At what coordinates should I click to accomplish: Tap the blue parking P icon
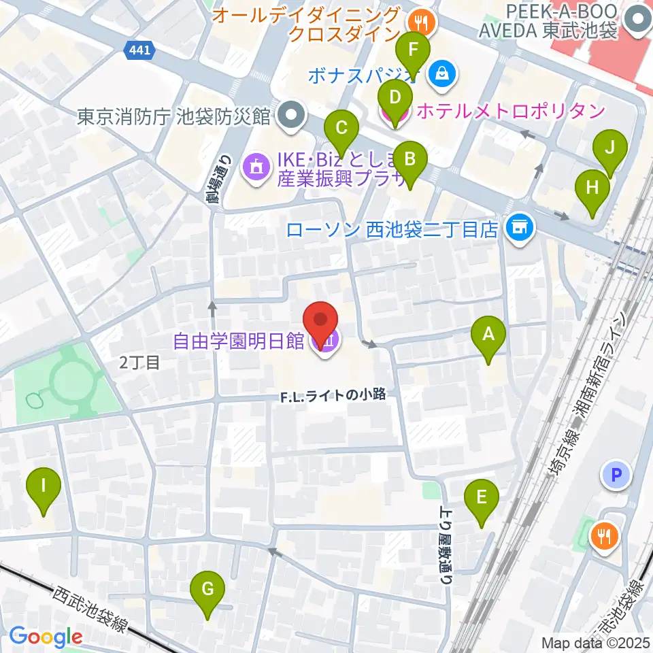(x=618, y=476)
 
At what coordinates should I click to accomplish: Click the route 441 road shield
(x=141, y=50)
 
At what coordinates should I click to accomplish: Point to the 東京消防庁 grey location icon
(x=292, y=116)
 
